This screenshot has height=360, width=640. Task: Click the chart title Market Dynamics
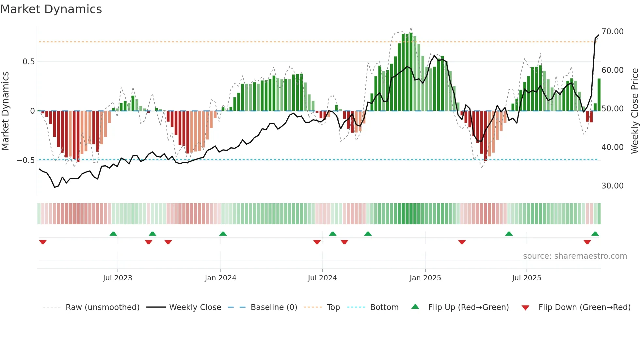tap(51, 9)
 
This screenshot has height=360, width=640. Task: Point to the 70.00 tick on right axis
tap(612, 32)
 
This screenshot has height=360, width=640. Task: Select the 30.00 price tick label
tap(612, 186)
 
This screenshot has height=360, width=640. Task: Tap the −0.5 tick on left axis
tap(25, 160)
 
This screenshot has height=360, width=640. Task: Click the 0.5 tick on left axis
tap(28, 62)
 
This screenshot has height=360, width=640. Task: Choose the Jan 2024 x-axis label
tap(220, 278)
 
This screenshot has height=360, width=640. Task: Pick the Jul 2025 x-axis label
tap(526, 278)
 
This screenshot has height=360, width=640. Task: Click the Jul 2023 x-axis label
tap(118, 278)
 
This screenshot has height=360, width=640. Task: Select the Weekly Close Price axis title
tap(634, 111)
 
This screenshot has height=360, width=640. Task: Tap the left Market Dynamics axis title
tap(5, 111)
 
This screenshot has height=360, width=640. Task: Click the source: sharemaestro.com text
tap(575, 256)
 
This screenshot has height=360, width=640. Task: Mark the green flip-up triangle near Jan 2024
tap(223, 234)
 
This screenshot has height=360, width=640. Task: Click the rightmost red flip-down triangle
tap(587, 242)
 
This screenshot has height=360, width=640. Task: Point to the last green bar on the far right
tap(599, 95)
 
